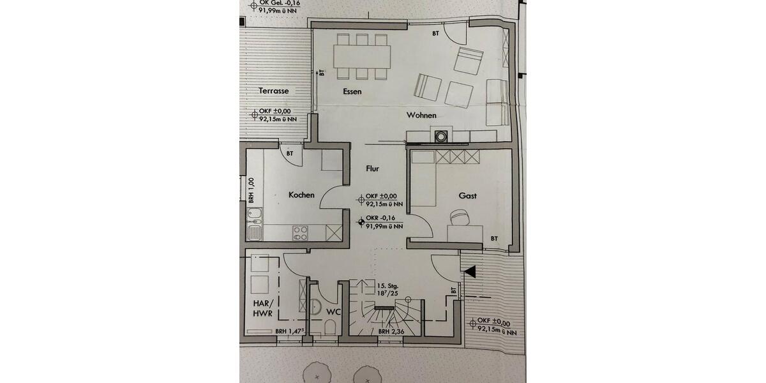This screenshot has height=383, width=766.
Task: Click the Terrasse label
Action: pos(274,91)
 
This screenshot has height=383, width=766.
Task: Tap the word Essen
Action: pos(352,92)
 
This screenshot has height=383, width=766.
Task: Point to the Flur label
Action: pos(373,169)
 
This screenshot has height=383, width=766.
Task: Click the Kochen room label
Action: pos(301,195)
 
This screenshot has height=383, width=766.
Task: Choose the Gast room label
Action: pos(467,195)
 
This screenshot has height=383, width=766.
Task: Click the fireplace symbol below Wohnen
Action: pos(440,135)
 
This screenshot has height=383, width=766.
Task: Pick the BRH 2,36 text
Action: pos(392,331)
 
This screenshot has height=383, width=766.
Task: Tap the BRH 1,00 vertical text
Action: pos(252,190)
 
